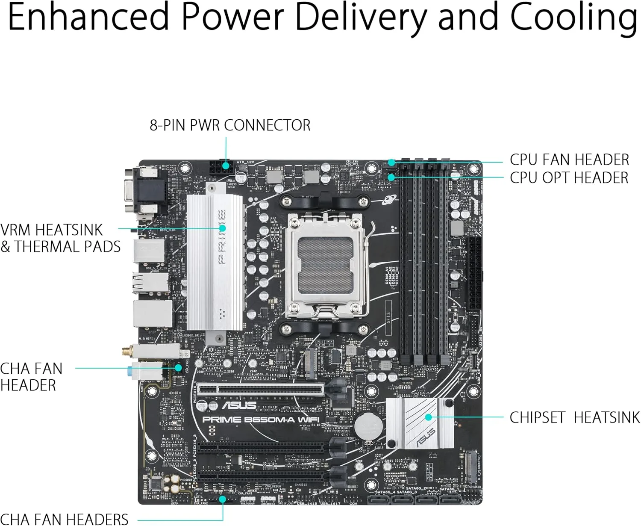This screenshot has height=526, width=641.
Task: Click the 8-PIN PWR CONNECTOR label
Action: click(230, 125)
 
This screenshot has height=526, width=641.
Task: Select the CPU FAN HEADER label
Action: click(569, 160)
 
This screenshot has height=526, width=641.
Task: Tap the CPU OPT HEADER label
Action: click(569, 178)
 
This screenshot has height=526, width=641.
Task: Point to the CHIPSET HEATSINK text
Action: click(574, 417)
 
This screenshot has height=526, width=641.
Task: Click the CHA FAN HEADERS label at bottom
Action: click(64, 519)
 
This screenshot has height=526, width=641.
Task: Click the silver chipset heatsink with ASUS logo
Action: click(420, 423)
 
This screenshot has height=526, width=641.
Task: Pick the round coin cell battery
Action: click(368, 426)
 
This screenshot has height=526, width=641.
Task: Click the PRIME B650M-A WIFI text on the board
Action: click(261, 420)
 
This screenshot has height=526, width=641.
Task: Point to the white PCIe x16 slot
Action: click(261, 389)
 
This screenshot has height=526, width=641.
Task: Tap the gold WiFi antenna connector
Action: click(126, 352)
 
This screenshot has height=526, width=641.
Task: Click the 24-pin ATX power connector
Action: click(474, 274)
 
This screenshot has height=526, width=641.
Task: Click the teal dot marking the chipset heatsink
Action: click(428, 417)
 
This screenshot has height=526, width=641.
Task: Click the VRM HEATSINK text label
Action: click(52, 230)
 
